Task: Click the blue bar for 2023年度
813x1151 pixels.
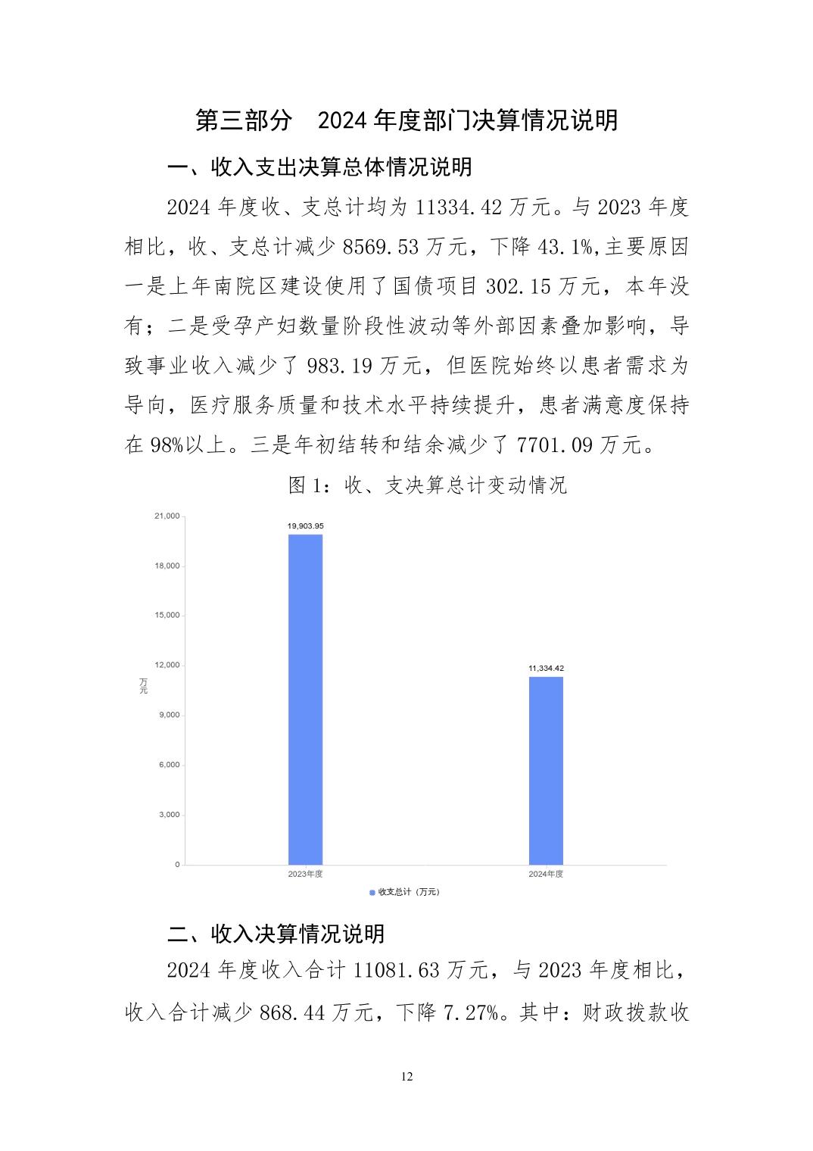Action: pyautogui.click(x=305, y=698)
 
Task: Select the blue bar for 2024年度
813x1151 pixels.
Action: pyautogui.click(x=545, y=769)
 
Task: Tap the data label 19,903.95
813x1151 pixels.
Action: pyautogui.click(x=305, y=526)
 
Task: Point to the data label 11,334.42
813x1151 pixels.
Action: pyautogui.click(x=545, y=668)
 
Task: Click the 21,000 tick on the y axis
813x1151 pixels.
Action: pyautogui.click(x=167, y=516)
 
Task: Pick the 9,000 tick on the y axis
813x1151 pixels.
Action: pyautogui.click(x=169, y=715)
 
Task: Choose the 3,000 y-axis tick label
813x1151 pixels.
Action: pyautogui.click(x=169, y=815)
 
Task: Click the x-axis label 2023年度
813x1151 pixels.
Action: pyautogui.click(x=305, y=874)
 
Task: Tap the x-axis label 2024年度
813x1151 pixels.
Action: pyautogui.click(x=545, y=874)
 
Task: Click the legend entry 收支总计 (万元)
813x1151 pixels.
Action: pyautogui.click(x=404, y=892)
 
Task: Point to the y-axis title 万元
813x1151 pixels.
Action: pyautogui.click(x=143, y=685)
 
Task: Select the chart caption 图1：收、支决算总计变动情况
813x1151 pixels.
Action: pyautogui.click(x=428, y=485)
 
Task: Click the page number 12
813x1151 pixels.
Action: pyautogui.click(x=407, y=1077)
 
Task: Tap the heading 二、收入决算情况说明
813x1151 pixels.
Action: pyautogui.click(x=276, y=934)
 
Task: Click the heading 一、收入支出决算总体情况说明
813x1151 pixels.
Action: pyautogui.click(x=319, y=167)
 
